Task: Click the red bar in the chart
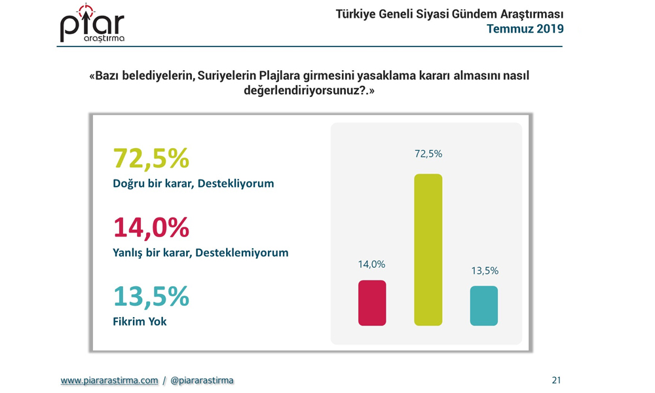(372, 303)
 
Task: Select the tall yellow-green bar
(428, 250)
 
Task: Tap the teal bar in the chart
(484, 306)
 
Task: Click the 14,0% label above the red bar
(371, 265)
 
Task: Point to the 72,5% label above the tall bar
(428, 154)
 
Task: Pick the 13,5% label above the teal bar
(485, 271)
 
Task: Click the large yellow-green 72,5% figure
(151, 158)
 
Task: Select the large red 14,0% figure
(151, 227)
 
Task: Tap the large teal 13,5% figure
(151, 296)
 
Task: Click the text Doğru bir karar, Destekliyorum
(193, 184)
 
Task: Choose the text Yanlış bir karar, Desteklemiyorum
(200, 253)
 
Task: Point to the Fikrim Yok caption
(140, 322)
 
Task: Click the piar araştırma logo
(92, 24)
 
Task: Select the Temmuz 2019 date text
(525, 29)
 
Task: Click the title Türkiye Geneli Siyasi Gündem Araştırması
(449, 14)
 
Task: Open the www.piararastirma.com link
(109, 381)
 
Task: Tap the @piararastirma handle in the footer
(202, 381)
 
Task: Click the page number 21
(556, 380)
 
